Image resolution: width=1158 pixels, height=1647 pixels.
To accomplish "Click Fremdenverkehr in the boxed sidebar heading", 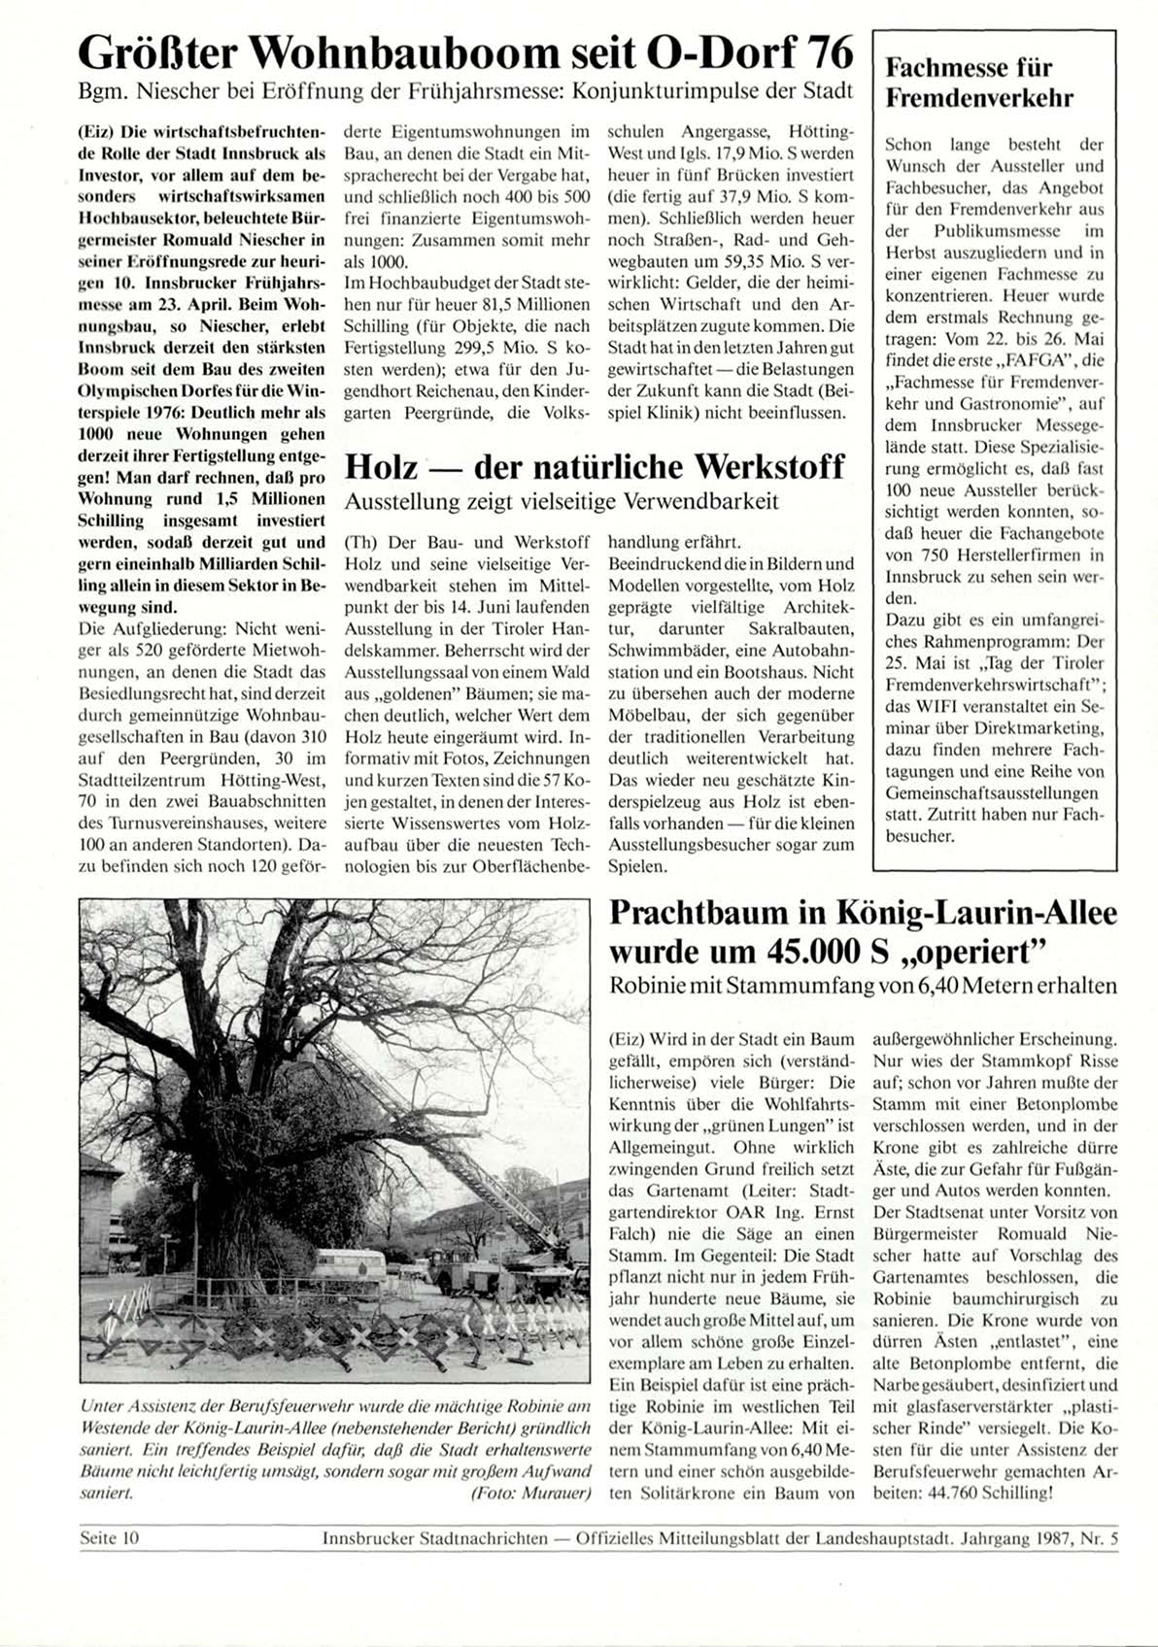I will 979,99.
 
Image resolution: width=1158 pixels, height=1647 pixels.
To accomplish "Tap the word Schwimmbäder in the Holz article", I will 658,650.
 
